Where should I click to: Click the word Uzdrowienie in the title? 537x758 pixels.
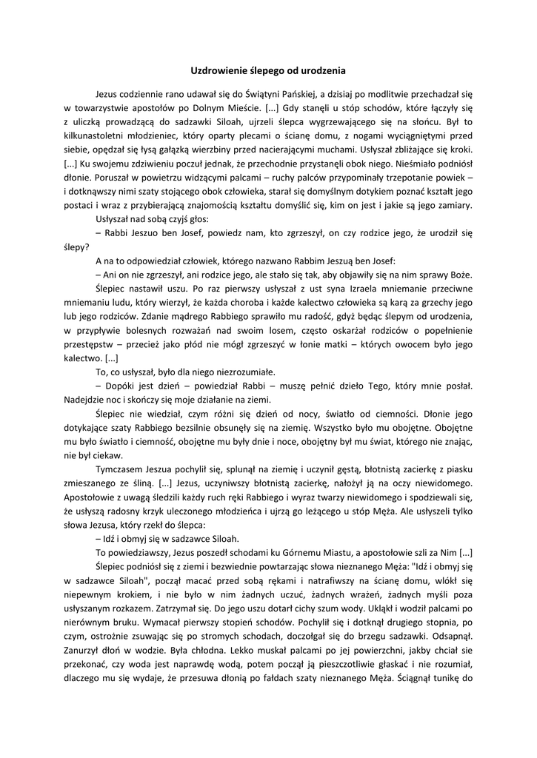tap(216, 70)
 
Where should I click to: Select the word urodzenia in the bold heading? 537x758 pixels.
tap(321, 70)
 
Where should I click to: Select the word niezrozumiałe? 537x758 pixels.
tap(242, 372)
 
